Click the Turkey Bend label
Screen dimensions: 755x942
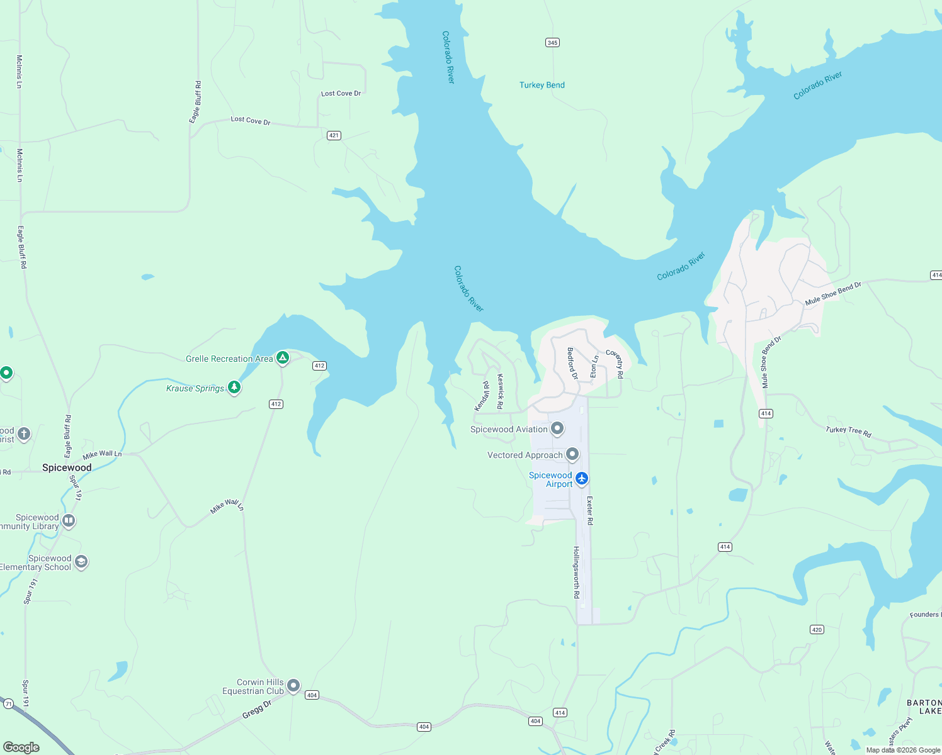click(x=542, y=85)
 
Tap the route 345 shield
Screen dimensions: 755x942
click(x=552, y=43)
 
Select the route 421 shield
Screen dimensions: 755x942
click(x=334, y=135)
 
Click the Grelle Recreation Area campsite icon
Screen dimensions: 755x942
click(x=283, y=358)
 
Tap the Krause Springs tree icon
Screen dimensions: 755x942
click(x=234, y=387)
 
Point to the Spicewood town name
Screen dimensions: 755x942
click(x=67, y=467)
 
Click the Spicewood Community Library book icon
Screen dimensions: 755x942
click(x=69, y=520)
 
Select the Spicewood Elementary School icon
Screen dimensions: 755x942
click(x=81, y=561)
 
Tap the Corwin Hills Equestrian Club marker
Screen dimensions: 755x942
click(x=293, y=686)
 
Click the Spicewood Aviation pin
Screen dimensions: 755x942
click(x=557, y=428)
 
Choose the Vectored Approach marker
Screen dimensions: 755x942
click(x=572, y=454)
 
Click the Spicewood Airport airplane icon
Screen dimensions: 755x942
click(x=582, y=479)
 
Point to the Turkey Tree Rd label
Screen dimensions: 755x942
click(x=848, y=431)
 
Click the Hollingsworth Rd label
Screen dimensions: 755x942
click(x=576, y=572)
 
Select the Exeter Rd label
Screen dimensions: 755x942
click(x=590, y=510)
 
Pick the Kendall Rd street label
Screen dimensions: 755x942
click(x=482, y=396)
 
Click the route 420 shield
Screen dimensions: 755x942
click(x=817, y=629)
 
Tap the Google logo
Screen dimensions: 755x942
click(x=21, y=747)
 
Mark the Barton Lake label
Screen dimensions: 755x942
click(x=924, y=707)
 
